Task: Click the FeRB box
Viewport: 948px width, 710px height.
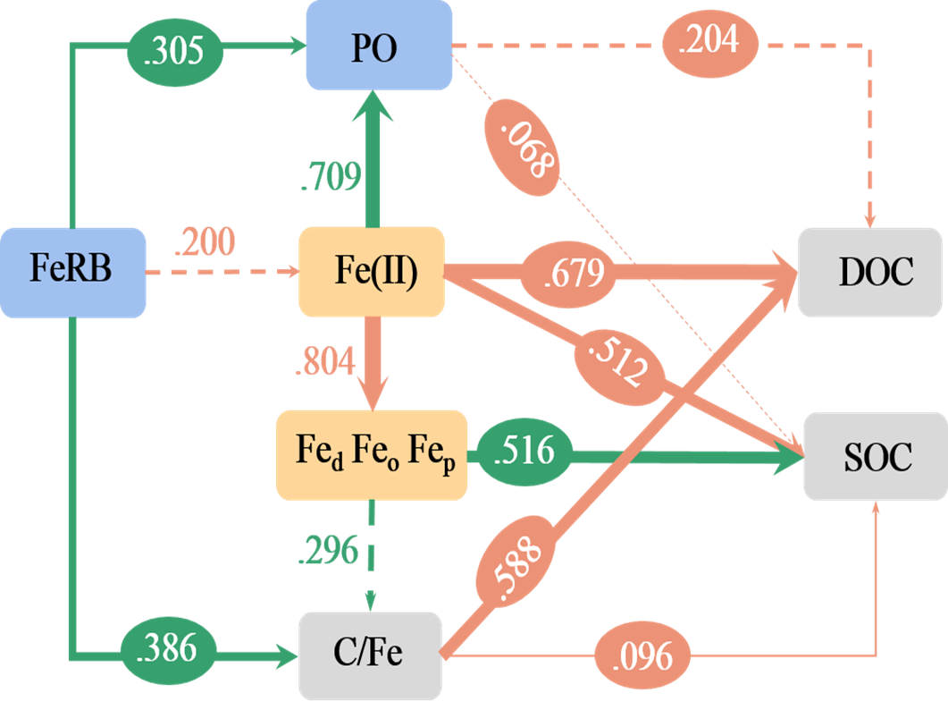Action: pyautogui.click(x=72, y=272)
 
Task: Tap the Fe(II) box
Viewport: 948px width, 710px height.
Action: pyautogui.click(x=372, y=272)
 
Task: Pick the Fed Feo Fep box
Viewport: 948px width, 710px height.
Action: pyautogui.click(x=371, y=454)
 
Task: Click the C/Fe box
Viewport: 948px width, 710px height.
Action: pyautogui.click(x=370, y=654)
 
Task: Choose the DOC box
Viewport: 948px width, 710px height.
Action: pyautogui.click(x=870, y=272)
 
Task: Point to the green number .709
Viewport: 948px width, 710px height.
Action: pyautogui.click(x=331, y=178)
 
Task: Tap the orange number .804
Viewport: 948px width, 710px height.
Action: pyautogui.click(x=325, y=362)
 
